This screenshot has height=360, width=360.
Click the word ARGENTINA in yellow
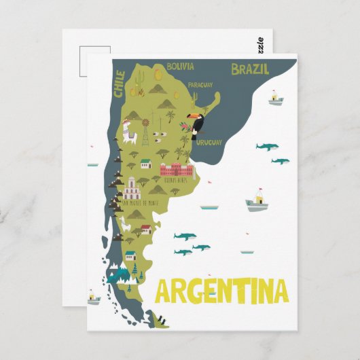pos(222,290)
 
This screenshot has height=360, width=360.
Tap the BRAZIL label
pos(250,69)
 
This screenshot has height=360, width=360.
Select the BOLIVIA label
pos(179,67)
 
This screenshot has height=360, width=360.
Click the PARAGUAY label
pos(200,85)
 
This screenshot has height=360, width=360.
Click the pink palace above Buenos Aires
pos(176,170)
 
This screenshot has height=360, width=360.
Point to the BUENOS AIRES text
pos(175,183)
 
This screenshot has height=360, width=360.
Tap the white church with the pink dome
pos(131,189)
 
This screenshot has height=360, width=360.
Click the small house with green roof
pos(145,163)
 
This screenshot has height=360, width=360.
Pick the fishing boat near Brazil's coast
pos(274,98)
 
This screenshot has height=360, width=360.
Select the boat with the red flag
pos(257,201)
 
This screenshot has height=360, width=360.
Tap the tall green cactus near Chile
pos(140,84)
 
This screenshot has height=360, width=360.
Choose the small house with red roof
pos(131,256)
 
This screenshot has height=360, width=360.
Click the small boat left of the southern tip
pos(92,297)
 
